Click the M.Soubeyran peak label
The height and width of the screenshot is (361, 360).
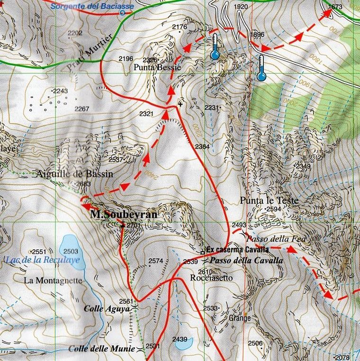click(x=123, y=215)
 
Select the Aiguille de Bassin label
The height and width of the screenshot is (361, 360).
click(x=75, y=174)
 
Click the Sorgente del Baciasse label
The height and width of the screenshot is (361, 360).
click(x=92, y=6)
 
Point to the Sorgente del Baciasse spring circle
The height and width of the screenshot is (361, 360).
click(x=123, y=13)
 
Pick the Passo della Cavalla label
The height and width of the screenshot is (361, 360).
click(x=246, y=260)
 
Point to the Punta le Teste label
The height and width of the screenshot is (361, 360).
click(x=269, y=201)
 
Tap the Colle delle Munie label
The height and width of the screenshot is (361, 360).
click(x=102, y=349)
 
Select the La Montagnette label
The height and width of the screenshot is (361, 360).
click(x=53, y=281)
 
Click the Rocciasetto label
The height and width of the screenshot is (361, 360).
click(x=211, y=278)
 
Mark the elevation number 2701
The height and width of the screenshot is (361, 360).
click(x=134, y=226)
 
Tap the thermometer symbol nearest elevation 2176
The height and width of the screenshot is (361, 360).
click(x=216, y=46)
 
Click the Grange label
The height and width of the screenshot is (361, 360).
click(x=240, y=318)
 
